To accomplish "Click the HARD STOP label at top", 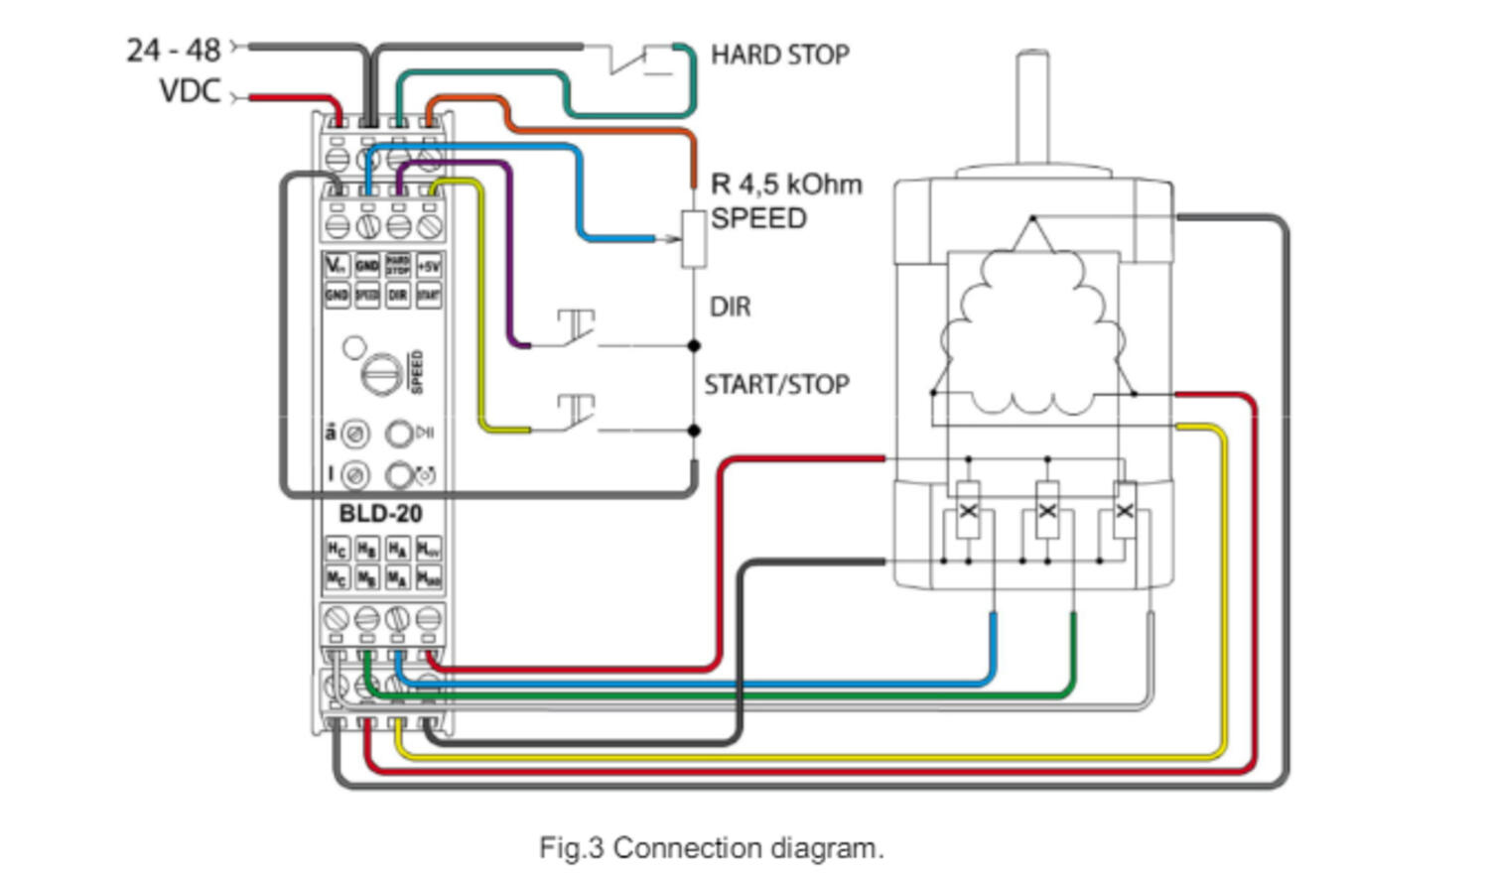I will tap(779, 55).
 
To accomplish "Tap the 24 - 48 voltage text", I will tap(174, 50).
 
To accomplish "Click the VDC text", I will tap(190, 91).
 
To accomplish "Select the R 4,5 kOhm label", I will tap(786, 185).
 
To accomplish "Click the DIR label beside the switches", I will tap(730, 308).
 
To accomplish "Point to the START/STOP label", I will tap(776, 385).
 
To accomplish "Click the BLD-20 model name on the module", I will tap(380, 514).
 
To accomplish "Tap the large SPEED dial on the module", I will tap(381, 374).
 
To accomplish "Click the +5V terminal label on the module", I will tap(428, 266).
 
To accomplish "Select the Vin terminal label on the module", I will tap(337, 266).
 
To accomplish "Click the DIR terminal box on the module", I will tap(397, 295).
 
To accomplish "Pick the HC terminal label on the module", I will tap(337, 549).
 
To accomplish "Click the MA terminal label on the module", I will tap(397, 577).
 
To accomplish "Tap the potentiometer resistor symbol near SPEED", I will tap(693, 239).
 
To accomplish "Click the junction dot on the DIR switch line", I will tap(694, 345).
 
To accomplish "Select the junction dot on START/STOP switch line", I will tap(694, 431).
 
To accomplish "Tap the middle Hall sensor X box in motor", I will tap(1047, 511).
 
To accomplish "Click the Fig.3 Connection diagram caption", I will tap(711, 848).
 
